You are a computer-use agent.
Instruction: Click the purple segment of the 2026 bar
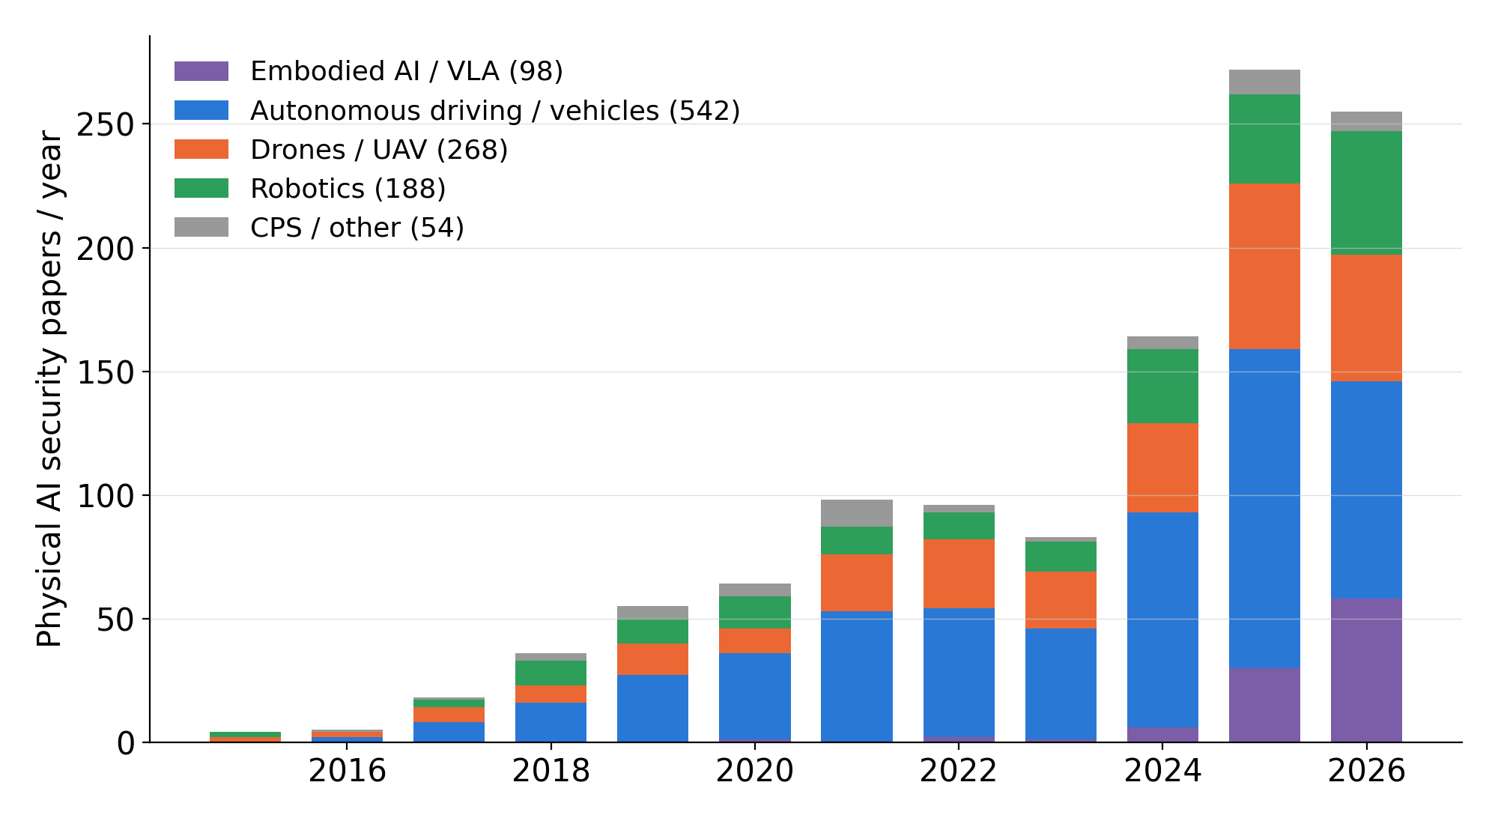click(x=1366, y=670)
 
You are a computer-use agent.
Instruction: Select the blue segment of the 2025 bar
click(x=1264, y=509)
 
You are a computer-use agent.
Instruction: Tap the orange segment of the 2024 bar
click(x=1162, y=468)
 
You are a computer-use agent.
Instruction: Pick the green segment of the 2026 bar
click(x=1366, y=193)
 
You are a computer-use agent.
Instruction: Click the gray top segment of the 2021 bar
click(x=857, y=513)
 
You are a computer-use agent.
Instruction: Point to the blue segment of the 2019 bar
click(x=652, y=709)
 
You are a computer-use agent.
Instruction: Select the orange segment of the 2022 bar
click(x=959, y=574)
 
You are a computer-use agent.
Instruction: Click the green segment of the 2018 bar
click(x=551, y=673)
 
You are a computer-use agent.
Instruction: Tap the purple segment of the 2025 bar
click(x=1264, y=705)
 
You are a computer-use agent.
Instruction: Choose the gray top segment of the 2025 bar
click(x=1264, y=82)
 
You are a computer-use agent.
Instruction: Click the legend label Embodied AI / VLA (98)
click(x=407, y=71)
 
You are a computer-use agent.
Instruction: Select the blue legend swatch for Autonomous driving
click(x=201, y=110)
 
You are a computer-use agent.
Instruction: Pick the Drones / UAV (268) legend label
click(x=379, y=150)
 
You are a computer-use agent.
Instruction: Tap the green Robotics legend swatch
click(x=201, y=188)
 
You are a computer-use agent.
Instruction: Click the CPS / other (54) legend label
click(x=357, y=228)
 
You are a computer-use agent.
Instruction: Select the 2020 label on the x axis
click(x=755, y=771)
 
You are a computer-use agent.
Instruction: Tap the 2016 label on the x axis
click(x=347, y=771)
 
